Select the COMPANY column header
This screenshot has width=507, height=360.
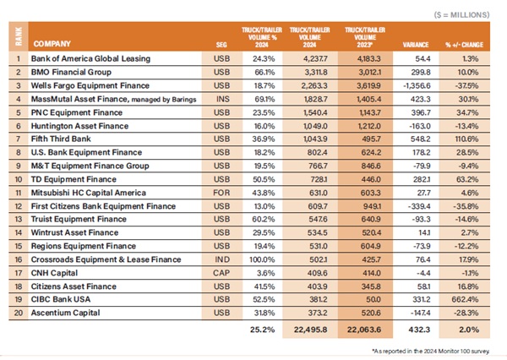[52, 42]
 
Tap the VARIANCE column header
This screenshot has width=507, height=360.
[417, 43]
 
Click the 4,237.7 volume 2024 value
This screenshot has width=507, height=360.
[313, 60]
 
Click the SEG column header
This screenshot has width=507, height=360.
[221, 43]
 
